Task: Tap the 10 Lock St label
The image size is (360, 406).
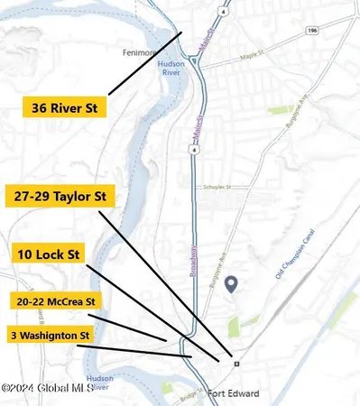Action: tap(49, 255)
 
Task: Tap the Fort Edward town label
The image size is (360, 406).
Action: tap(233, 393)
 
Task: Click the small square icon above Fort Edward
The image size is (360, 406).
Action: tap(236, 364)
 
